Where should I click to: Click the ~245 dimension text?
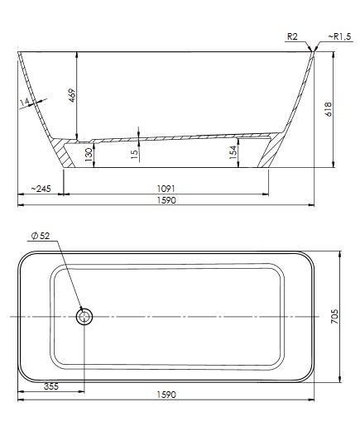40,189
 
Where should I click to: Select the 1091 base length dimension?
166,189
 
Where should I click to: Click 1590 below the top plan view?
166,395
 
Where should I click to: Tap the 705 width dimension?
335,317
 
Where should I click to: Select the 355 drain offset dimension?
51,385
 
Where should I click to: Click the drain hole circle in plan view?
84,316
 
